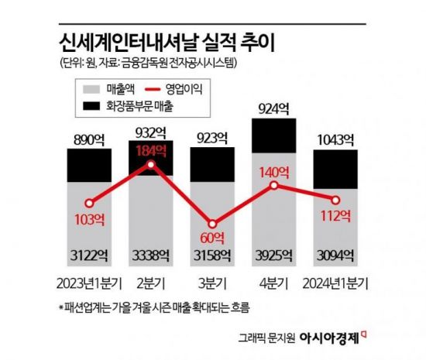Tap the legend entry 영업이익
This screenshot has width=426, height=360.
187,89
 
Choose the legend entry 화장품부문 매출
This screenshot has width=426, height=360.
132,105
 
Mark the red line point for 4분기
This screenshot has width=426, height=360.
274,187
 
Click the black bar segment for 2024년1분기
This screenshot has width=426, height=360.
335,165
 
